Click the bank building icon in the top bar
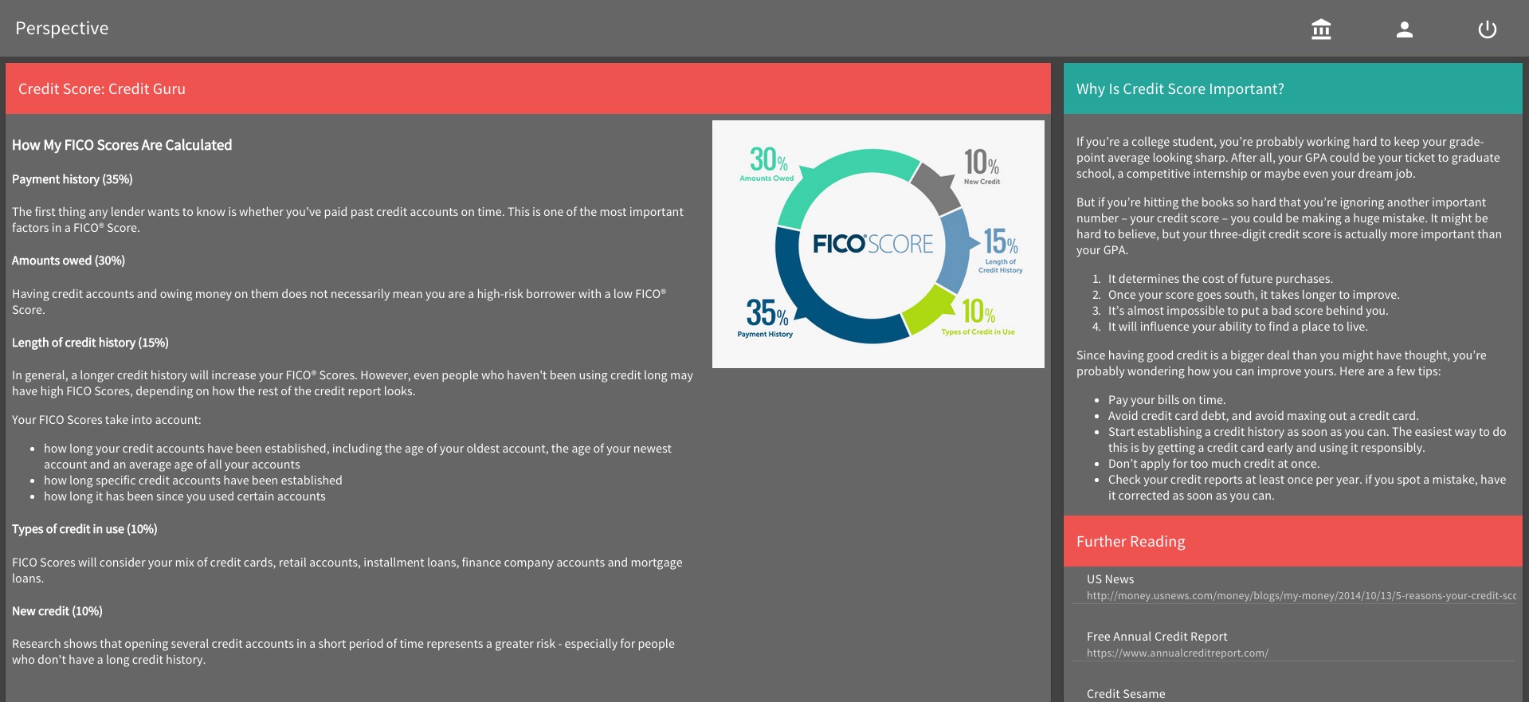tap(1321, 29)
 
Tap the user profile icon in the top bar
tap(1405, 29)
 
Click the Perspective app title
tap(62, 28)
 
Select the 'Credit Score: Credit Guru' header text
tap(102, 89)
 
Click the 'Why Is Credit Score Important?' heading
tap(1180, 89)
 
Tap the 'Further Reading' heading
tap(1131, 542)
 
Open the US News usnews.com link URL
tap(1301, 596)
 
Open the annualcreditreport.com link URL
tap(1177, 653)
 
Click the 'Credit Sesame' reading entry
tap(1126, 694)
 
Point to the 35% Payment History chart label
tap(766, 317)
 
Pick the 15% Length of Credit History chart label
tap(1001, 250)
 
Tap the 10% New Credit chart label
tap(982, 167)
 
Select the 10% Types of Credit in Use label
tap(978, 316)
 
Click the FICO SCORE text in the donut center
tap(873, 244)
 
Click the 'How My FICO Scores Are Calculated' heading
tap(122, 145)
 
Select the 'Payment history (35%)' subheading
tap(73, 179)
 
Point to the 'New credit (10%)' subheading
tap(57, 611)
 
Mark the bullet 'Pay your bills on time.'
tap(1166, 400)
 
